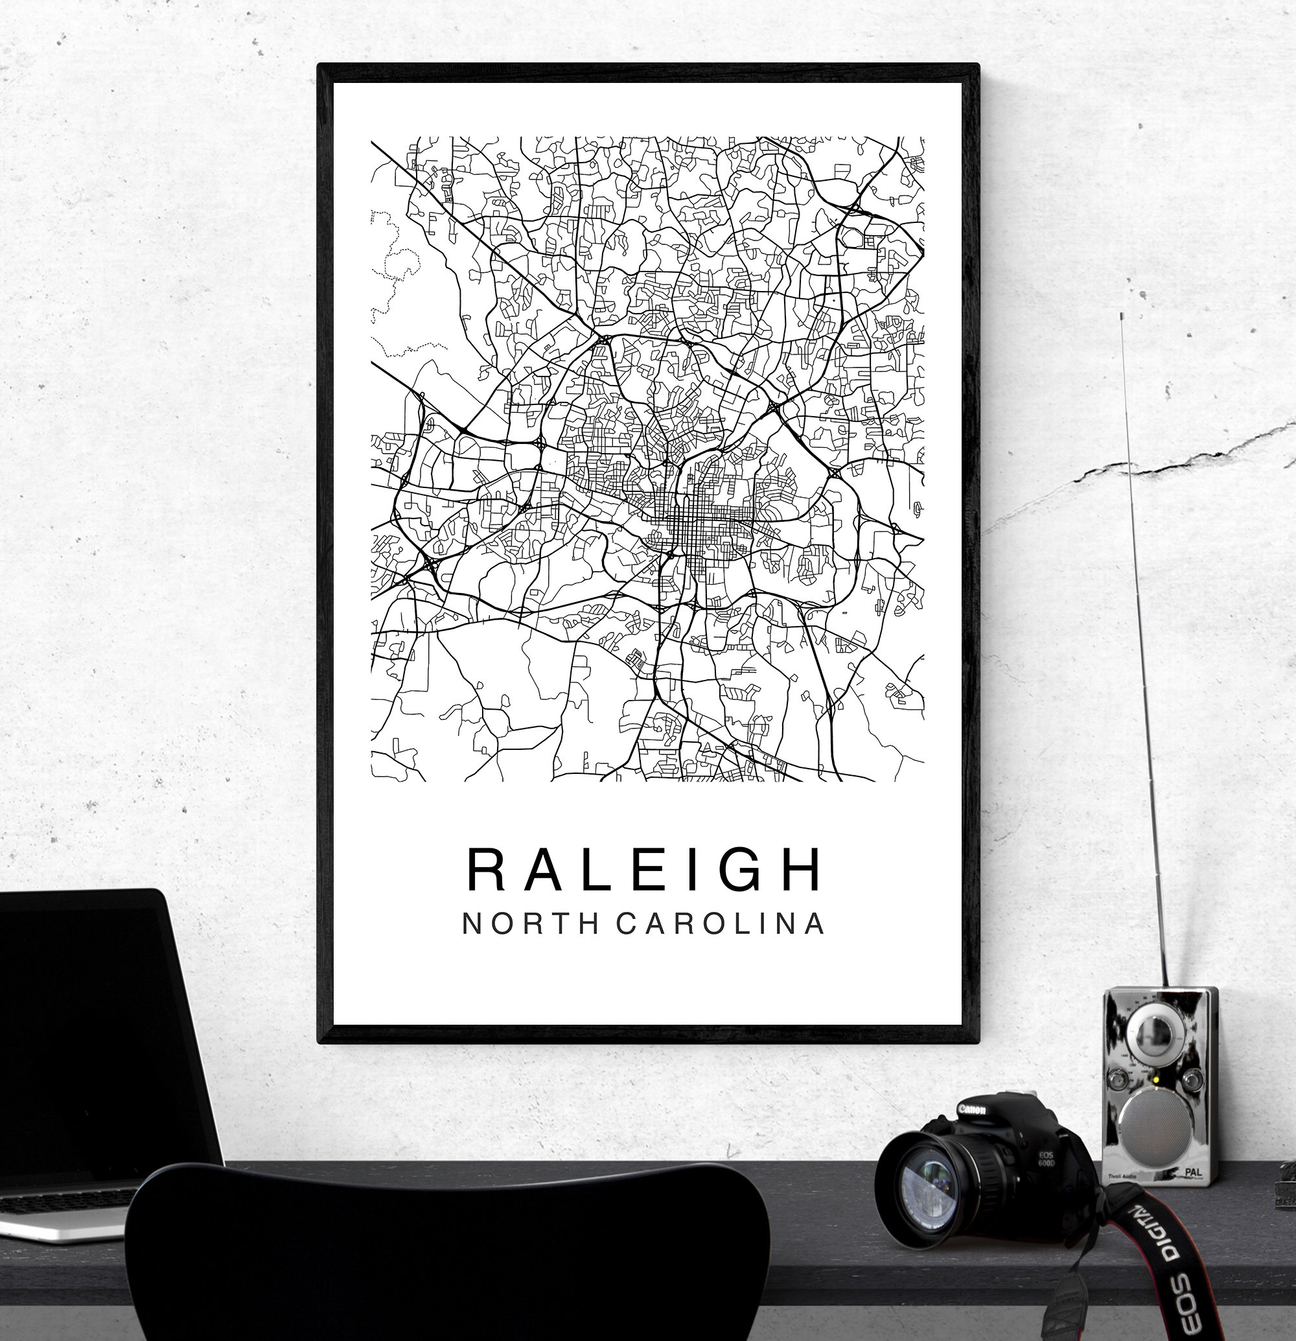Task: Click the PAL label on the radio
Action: coord(1194,1172)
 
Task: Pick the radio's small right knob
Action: coord(1193,1080)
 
